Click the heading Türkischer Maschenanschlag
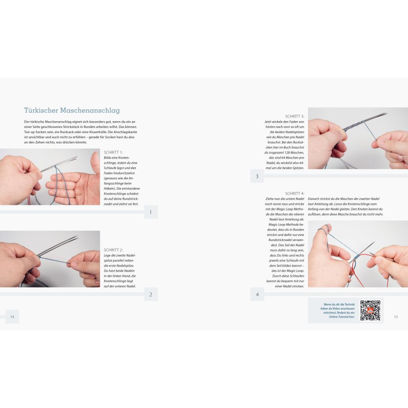click(x=72, y=110)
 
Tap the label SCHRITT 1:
click(x=113, y=152)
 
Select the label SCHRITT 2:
click(x=113, y=250)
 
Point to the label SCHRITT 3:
click(x=294, y=116)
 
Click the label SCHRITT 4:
click(x=294, y=193)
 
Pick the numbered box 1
click(x=151, y=212)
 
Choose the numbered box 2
click(x=151, y=294)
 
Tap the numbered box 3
click(x=257, y=176)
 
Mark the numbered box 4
click(x=257, y=294)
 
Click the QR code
click(x=370, y=310)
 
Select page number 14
click(x=12, y=317)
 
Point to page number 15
click(x=396, y=317)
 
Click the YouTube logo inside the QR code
click(x=370, y=310)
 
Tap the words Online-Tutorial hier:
click(x=341, y=317)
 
